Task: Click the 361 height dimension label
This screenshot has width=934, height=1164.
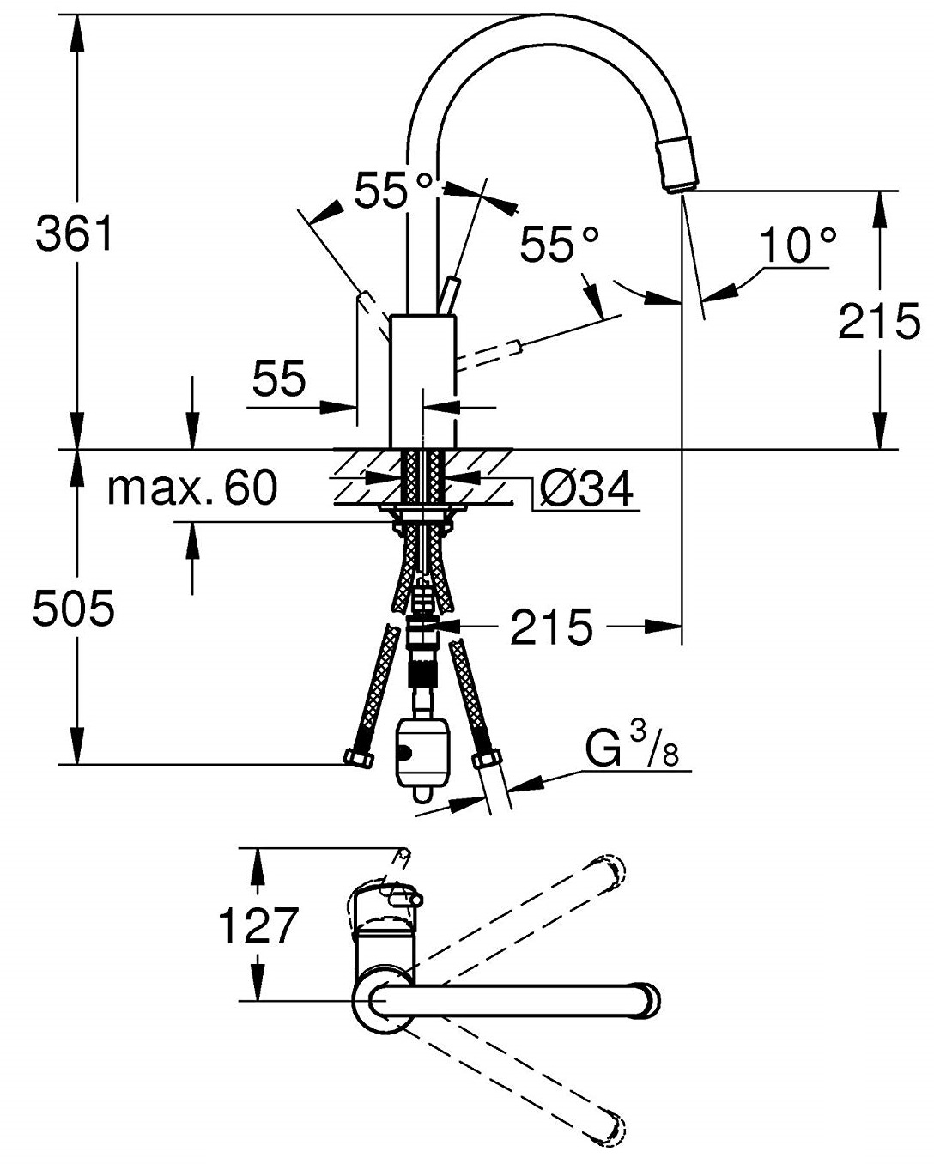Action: (x=75, y=233)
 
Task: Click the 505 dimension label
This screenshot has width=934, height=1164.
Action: (x=73, y=610)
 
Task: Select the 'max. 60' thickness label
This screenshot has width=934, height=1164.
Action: (x=192, y=488)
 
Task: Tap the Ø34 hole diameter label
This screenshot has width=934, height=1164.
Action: (x=588, y=490)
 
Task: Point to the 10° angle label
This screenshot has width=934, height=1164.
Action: (x=798, y=246)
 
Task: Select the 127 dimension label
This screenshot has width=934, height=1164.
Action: (x=258, y=925)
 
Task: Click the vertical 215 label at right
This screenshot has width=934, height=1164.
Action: (x=878, y=321)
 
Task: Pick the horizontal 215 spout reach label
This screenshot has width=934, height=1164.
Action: (x=551, y=627)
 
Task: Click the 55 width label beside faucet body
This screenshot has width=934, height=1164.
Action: (x=280, y=379)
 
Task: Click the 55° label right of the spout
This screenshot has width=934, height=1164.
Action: (x=558, y=245)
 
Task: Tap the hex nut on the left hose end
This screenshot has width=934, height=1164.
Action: (x=355, y=755)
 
